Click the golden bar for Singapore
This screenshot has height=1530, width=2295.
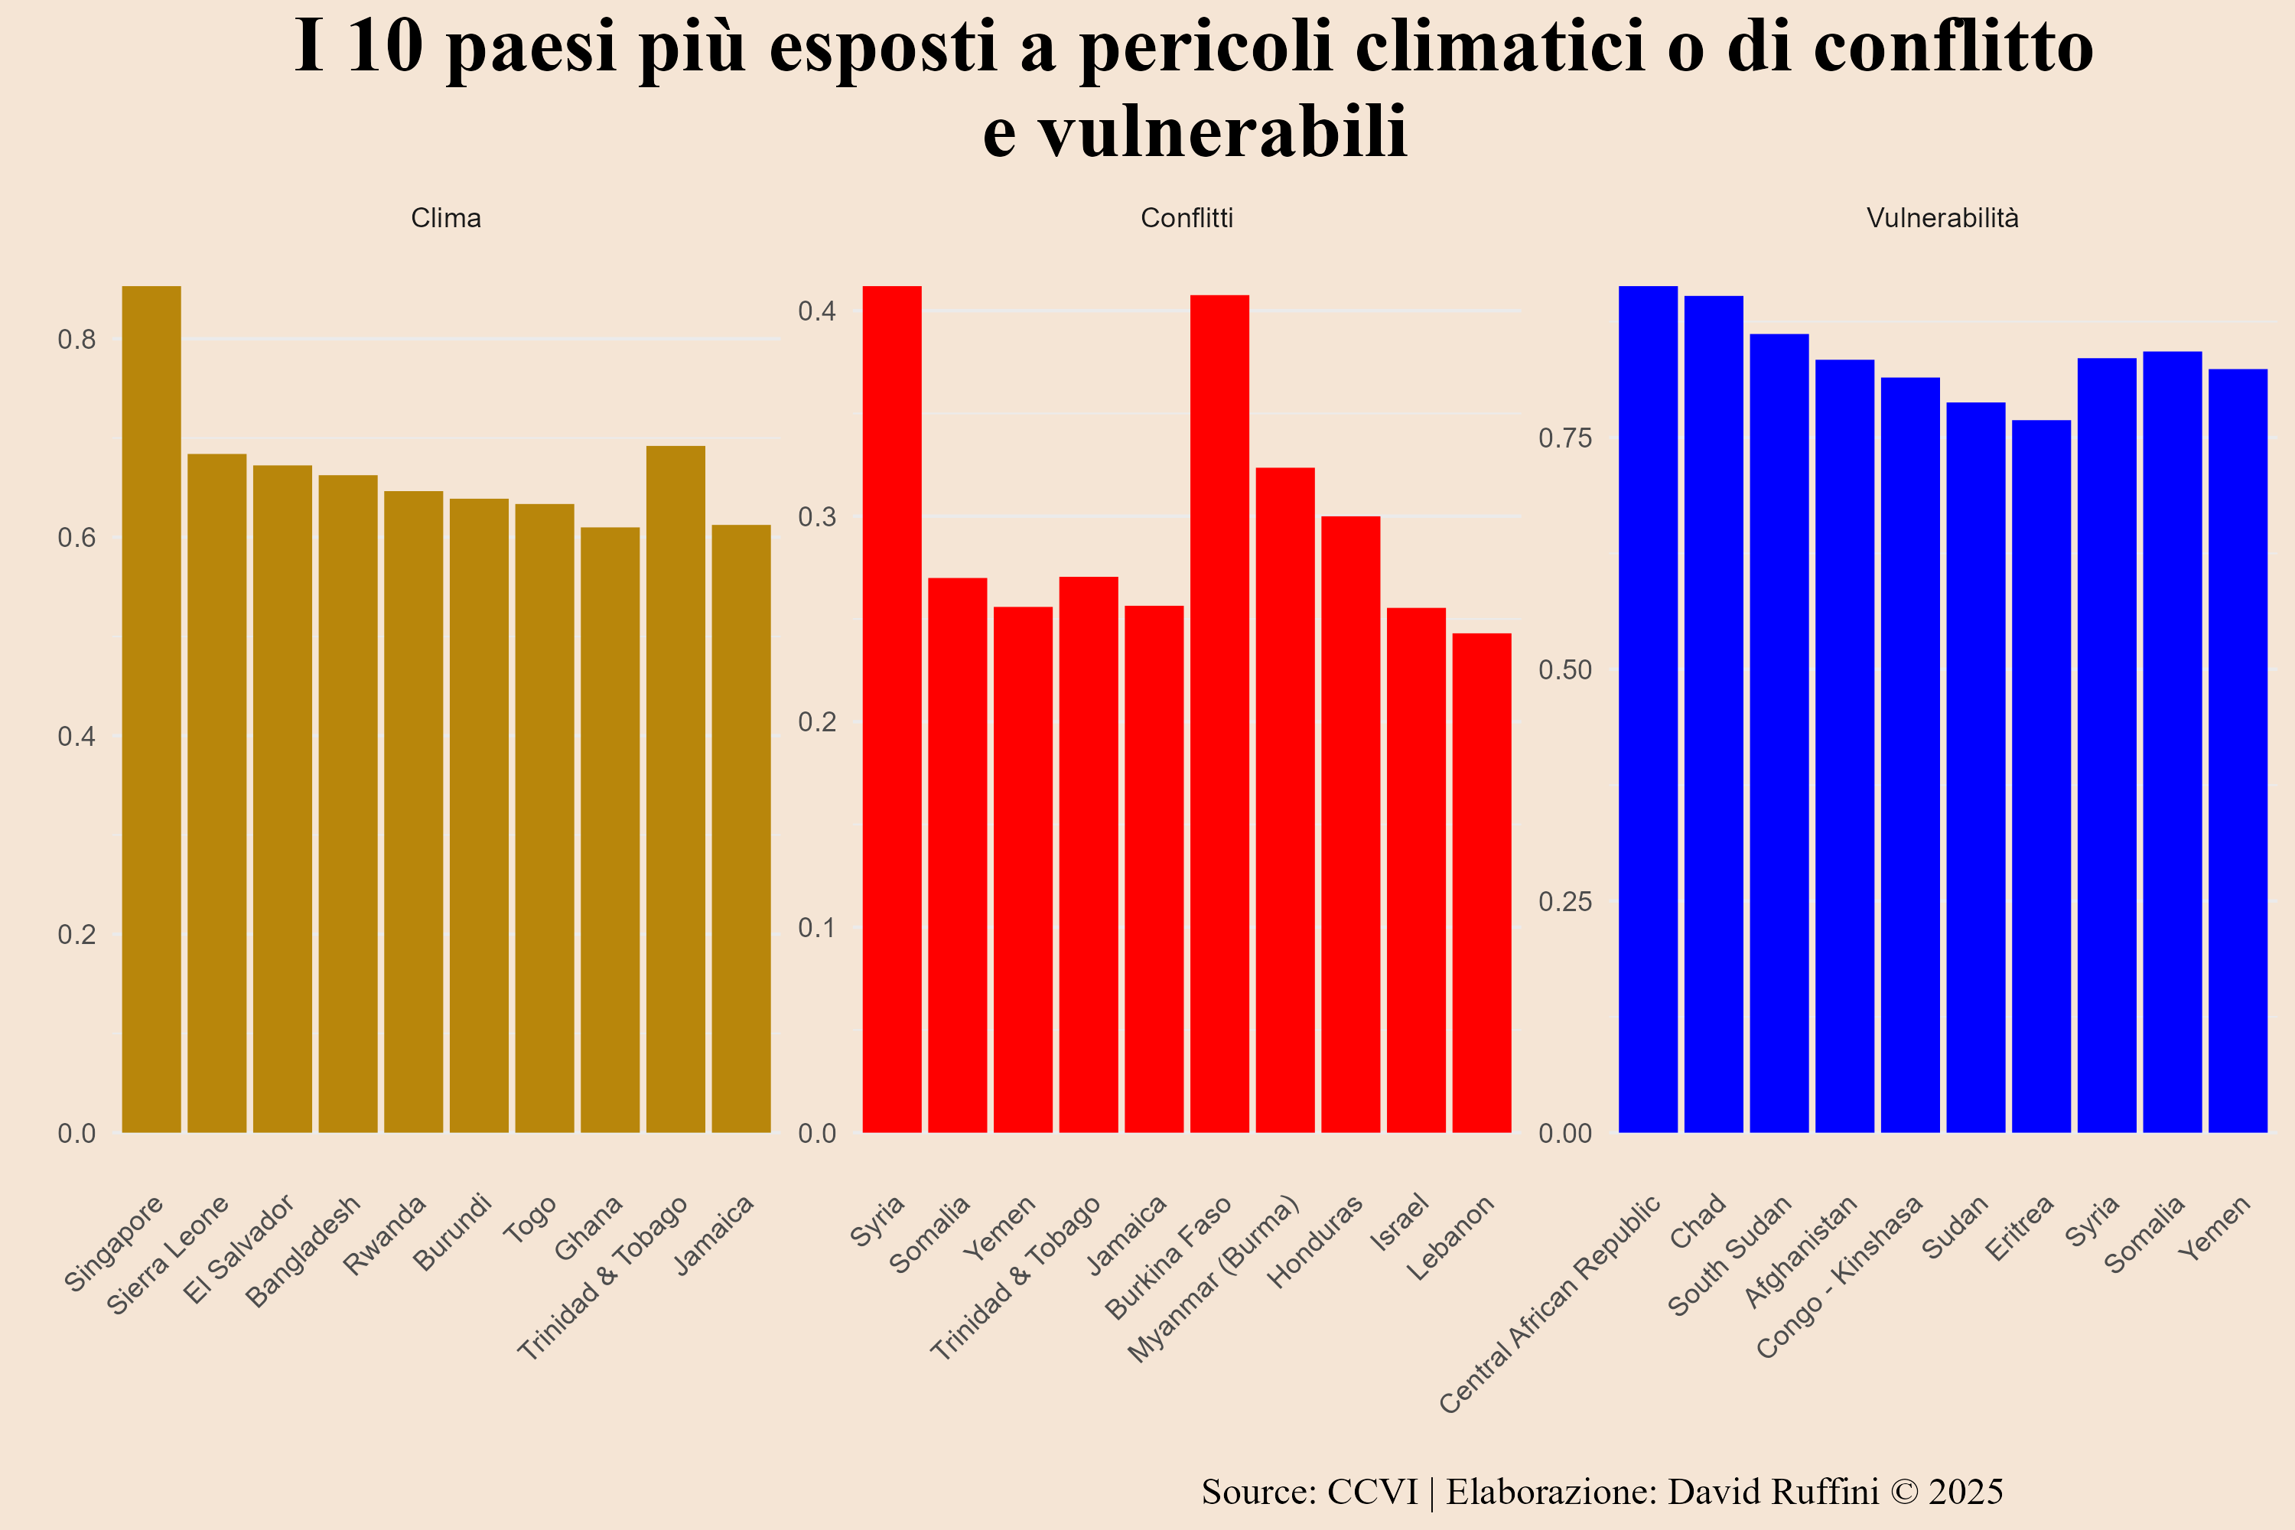[151, 709]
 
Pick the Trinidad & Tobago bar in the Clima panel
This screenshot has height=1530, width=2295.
[675, 789]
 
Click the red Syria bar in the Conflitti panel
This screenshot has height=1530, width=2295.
[892, 709]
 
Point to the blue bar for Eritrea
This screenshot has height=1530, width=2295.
[2041, 776]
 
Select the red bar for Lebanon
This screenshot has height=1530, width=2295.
[1481, 883]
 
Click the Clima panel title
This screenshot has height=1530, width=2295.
[446, 217]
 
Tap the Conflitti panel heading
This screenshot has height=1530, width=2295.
[1187, 217]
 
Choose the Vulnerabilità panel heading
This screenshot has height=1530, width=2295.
[1942, 217]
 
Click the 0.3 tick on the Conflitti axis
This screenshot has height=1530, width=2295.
[818, 516]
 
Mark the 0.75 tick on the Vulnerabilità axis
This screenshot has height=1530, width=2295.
[1564, 438]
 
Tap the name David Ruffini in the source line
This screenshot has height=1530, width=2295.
[1772, 1492]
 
